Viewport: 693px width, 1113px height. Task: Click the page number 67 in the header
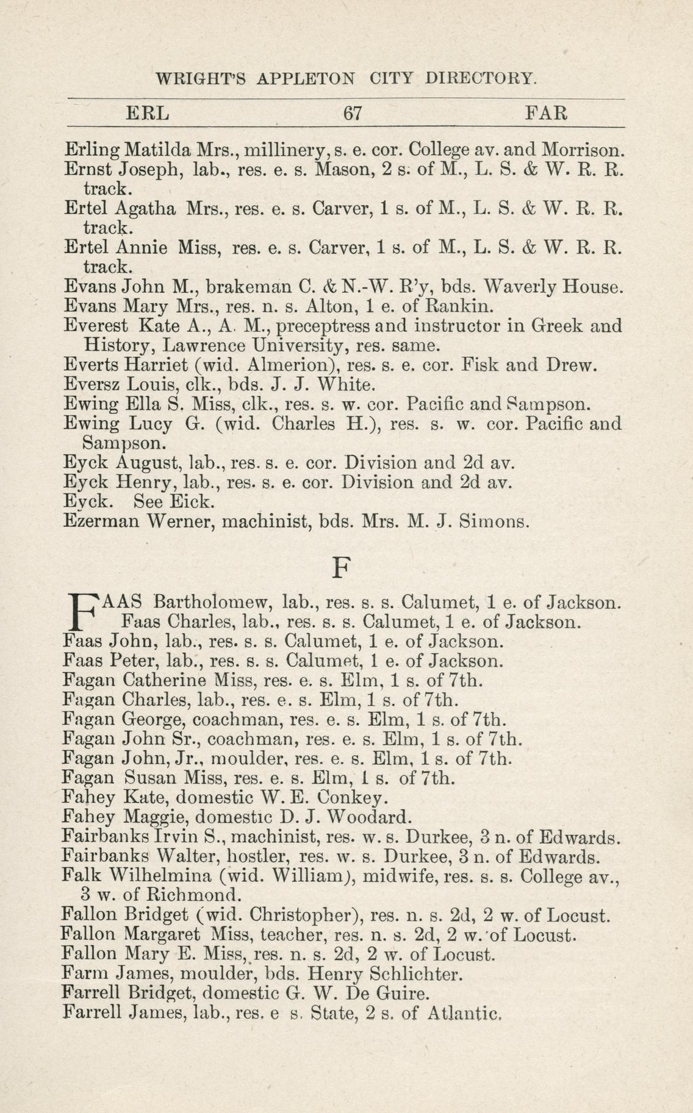(353, 113)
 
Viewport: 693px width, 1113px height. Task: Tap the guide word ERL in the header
(147, 113)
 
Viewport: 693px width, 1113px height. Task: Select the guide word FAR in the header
(547, 113)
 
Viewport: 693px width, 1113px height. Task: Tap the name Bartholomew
(212, 603)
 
